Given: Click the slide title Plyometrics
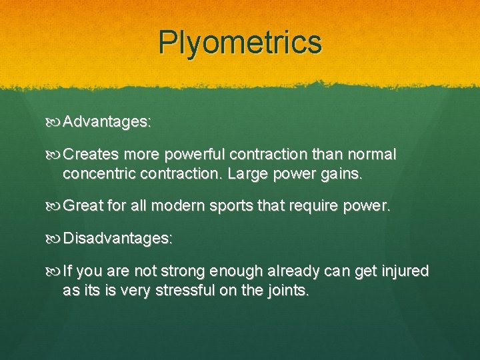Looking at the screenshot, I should pyautogui.click(x=240, y=42).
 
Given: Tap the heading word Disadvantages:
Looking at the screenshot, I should pyautogui.click(x=119, y=238).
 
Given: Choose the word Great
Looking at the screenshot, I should pyautogui.click(x=82, y=206).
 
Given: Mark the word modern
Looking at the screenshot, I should pyautogui.click(x=178, y=206).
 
